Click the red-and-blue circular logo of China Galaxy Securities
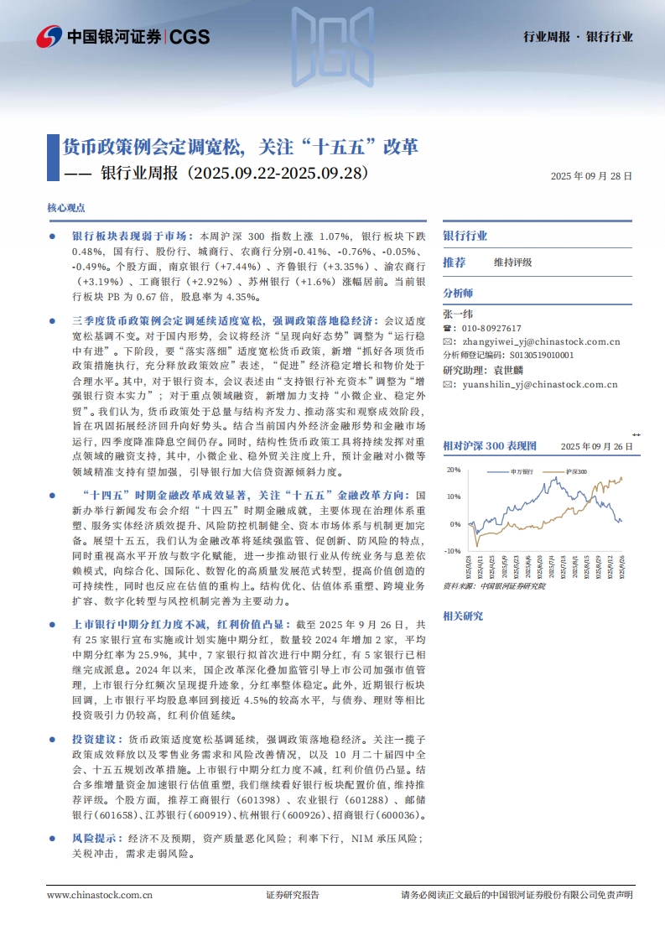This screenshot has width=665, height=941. (x=49, y=36)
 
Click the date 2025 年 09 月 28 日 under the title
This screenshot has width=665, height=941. (x=591, y=177)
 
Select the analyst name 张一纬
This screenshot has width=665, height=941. (x=458, y=313)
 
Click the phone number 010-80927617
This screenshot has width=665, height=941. (x=487, y=328)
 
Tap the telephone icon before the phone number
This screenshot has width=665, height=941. (x=447, y=328)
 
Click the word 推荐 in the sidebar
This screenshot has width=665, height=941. (x=454, y=263)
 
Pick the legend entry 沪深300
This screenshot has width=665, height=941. (x=576, y=472)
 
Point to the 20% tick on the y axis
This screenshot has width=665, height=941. (x=454, y=470)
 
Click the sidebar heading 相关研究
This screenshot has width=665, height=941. (x=463, y=616)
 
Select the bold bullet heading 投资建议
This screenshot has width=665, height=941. (x=88, y=739)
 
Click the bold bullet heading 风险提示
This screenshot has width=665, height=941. (x=88, y=838)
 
